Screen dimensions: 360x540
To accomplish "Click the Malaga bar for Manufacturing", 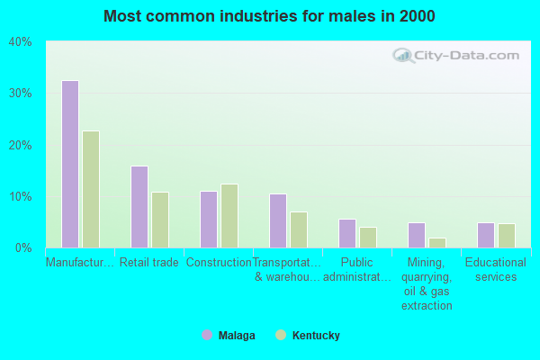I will (x=70, y=164).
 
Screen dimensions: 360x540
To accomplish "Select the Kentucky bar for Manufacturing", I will (x=91, y=189).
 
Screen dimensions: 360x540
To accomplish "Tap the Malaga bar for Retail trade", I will (x=139, y=206).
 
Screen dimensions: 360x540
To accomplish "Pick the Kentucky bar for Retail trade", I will (x=160, y=220).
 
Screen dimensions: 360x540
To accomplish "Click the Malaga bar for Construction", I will (x=209, y=219).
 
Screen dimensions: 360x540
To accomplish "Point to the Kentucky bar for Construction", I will (x=229, y=216).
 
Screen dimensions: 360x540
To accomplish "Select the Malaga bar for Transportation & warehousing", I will (x=278, y=220).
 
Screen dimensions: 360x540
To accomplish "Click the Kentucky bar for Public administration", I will (x=368, y=237).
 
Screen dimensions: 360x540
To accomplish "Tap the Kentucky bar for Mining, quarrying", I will (x=437, y=242).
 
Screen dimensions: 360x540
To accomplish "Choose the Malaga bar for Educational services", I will (x=486, y=235).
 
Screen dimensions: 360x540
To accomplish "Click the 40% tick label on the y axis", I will (x=20, y=42).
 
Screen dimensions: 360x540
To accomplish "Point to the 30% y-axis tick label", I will (x=20, y=94).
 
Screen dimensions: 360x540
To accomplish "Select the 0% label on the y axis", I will (x=23, y=247).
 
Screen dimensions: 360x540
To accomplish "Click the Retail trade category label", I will (x=149, y=263).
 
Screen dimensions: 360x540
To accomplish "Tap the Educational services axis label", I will (x=496, y=269).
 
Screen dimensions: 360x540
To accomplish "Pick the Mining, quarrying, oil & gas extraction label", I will (x=427, y=283).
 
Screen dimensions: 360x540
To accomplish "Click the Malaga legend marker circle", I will (x=207, y=336).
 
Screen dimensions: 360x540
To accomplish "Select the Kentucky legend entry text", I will (x=316, y=336).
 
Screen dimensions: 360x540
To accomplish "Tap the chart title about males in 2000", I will (x=270, y=16).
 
